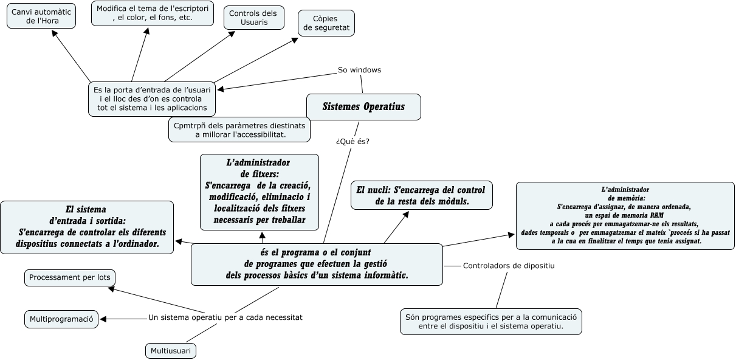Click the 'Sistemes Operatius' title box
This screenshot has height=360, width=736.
363,107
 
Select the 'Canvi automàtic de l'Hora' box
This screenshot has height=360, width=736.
41,16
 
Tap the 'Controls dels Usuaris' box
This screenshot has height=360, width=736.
253,18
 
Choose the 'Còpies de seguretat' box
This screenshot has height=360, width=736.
326,23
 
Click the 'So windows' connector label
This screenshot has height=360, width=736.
359,70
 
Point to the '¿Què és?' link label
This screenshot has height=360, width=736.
353,141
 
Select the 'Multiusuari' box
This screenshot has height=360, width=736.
171,351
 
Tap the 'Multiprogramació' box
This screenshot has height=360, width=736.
61,319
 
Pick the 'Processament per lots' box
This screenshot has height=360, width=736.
70,278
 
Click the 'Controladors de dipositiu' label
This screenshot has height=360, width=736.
509,266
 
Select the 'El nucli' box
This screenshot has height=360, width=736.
422,195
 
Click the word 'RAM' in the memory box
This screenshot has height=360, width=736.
657,215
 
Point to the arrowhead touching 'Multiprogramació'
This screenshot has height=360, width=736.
103,319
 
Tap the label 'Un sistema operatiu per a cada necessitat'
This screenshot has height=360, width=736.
225,317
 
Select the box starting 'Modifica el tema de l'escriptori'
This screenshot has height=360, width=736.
153,13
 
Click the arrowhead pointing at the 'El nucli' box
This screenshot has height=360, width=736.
406,214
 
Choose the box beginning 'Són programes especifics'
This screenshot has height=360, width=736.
491,322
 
